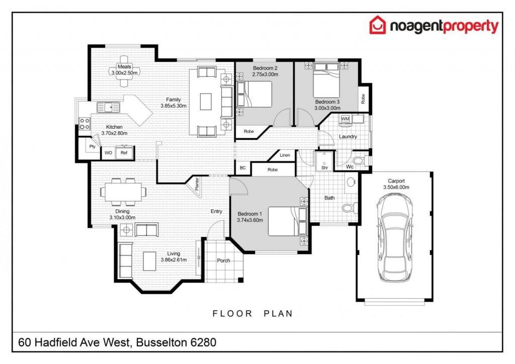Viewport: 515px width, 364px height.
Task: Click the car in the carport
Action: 394,238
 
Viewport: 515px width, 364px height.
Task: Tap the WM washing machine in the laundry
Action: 345,119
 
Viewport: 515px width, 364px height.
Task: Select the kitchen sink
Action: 109,107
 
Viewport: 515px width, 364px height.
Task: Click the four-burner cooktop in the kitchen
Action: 84,124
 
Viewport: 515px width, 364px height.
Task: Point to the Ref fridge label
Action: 124,153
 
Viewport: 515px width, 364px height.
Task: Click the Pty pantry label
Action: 93,146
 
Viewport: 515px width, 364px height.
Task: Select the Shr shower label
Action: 324,168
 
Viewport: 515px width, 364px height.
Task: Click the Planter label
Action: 197,184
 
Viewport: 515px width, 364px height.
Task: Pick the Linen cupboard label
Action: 285,155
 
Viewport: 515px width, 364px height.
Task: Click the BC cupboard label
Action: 243,168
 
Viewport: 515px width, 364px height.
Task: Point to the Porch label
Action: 223,260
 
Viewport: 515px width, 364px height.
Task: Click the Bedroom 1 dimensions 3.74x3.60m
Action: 250,220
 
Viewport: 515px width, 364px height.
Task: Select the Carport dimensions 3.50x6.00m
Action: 396,187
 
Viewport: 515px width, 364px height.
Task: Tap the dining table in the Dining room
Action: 123,192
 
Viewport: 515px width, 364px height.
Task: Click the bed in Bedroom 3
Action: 326,80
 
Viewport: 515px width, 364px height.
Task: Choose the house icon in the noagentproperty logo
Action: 378,25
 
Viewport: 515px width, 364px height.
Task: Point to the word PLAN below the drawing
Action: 278,313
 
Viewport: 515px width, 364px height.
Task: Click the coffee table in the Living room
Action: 149,261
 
